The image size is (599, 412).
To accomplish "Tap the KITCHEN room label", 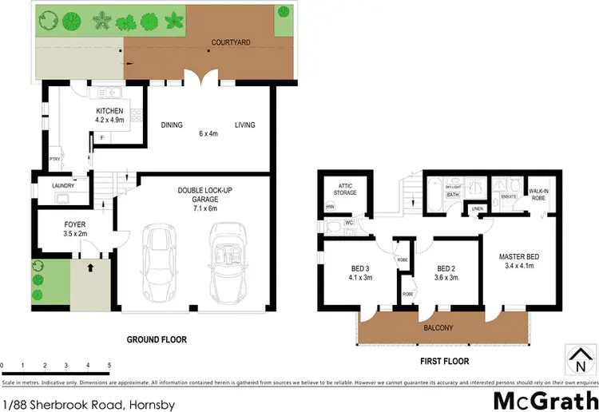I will (110, 111).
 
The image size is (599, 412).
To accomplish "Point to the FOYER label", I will (75, 225).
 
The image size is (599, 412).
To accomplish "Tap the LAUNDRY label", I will (64, 185).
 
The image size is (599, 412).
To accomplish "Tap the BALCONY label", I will (438, 327).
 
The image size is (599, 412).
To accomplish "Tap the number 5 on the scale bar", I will (108, 365).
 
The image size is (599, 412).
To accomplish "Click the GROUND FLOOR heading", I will (157, 339).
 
